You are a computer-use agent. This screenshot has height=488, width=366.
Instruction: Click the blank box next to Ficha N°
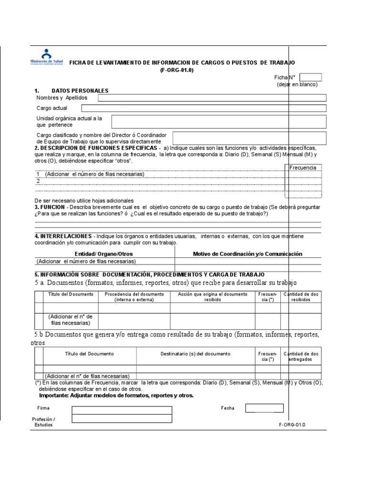click(311, 77)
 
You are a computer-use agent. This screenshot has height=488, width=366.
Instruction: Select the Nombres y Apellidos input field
click(212, 98)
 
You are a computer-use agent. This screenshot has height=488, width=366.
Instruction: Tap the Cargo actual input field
click(203, 108)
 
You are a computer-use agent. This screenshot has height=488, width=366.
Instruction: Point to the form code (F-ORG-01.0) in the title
click(177, 70)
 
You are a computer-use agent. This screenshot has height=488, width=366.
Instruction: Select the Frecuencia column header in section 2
click(303, 168)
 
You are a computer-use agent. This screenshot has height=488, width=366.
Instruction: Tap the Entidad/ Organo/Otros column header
click(104, 254)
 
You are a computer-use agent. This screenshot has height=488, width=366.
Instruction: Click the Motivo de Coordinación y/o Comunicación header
click(247, 254)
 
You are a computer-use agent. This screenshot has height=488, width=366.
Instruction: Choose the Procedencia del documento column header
click(134, 297)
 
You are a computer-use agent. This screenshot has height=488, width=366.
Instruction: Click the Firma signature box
click(122, 410)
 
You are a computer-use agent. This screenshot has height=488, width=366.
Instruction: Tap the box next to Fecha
click(264, 408)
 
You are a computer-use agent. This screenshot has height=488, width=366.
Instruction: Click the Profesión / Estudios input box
click(122, 419)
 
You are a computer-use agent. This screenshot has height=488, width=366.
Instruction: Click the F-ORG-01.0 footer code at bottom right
click(292, 425)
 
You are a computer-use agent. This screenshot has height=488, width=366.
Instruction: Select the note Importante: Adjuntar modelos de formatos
click(116, 396)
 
